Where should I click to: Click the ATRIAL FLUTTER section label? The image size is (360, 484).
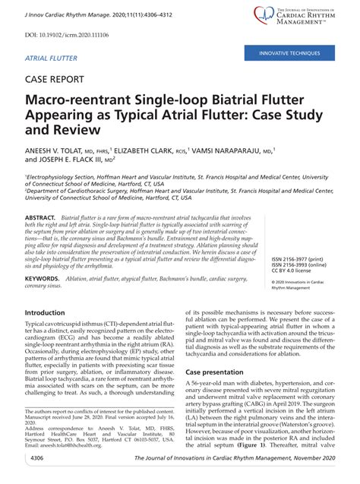click(x=52, y=58)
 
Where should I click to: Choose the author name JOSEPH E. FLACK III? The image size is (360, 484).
click(x=68, y=161)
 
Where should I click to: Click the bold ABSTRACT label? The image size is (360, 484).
click(x=42, y=217)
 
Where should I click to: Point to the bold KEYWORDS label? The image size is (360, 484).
click(x=43, y=279)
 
